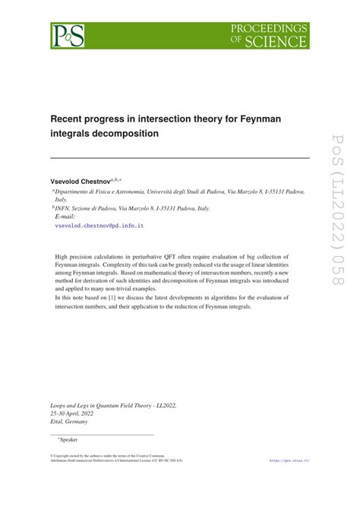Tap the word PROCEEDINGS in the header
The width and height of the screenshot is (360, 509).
point(270,28)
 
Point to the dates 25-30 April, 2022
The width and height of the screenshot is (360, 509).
point(77,416)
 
